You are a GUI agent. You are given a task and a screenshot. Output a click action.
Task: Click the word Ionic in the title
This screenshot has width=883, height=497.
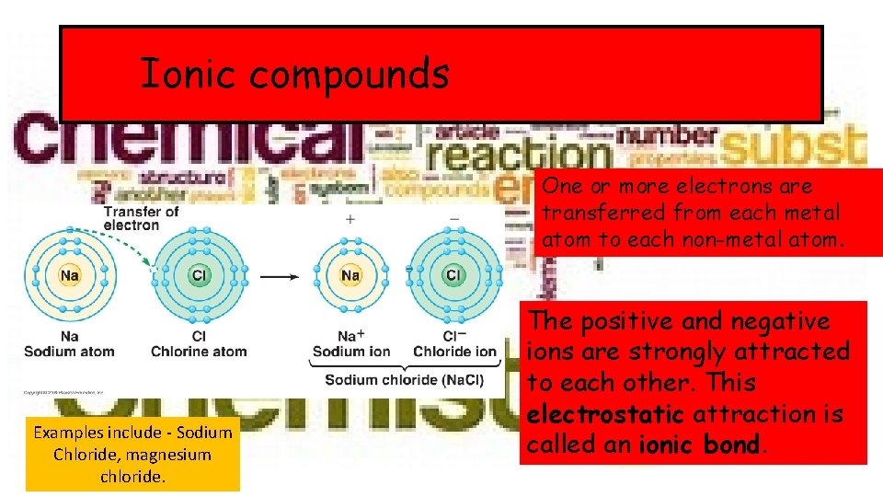(188, 74)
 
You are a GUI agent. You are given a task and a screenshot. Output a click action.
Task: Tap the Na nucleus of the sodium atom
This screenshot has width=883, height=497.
(69, 275)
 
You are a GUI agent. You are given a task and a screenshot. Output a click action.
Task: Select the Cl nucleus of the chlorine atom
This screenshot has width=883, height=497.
(199, 275)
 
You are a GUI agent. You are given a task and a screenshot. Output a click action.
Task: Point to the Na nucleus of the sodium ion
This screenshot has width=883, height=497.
(350, 275)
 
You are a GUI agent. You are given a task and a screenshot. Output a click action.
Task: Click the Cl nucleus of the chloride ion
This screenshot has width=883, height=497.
(453, 275)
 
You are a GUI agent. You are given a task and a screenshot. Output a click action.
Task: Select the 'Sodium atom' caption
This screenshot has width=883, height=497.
(69, 352)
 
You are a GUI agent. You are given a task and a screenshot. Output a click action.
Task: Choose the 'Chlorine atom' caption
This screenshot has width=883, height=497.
(199, 352)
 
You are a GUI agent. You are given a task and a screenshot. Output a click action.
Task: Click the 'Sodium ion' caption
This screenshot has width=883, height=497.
(351, 352)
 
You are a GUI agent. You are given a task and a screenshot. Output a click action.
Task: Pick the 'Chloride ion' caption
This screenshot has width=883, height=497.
(454, 352)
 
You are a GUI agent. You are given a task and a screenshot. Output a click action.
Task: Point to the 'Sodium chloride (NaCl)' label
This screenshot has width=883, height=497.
(404, 380)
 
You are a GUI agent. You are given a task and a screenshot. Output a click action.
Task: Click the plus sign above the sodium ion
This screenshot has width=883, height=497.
(350, 219)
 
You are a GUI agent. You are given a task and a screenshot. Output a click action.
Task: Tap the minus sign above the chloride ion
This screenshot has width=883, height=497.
(453, 219)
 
